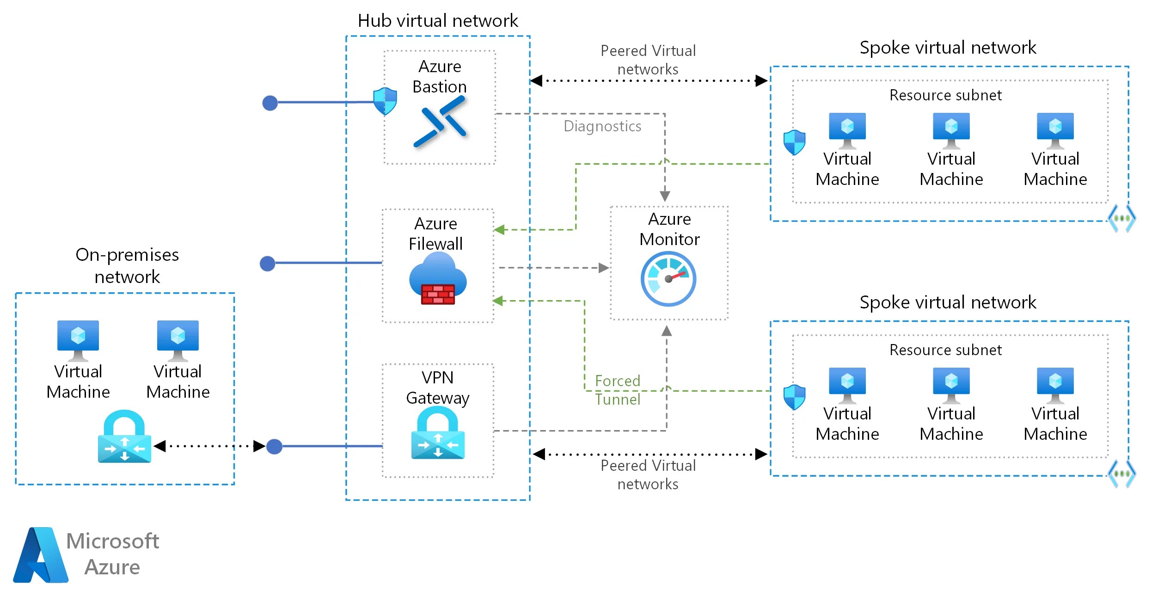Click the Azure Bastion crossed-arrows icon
click(x=440, y=122)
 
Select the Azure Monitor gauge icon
click(x=668, y=279)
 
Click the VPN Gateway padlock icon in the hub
click(x=438, y=433)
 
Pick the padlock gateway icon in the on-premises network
click(x=124, y=437)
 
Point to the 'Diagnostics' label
click(x=602, y=126)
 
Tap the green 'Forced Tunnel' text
click(x=618, y=390)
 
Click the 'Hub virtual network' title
click(x=438, y=21)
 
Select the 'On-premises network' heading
click(x=127, y=265)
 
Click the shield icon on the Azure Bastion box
click(x=385, y=101)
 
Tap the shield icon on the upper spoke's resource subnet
click(x=795, y=142)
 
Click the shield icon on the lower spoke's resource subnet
click(x=795, y=397)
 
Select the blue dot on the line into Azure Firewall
click(x=268, y=264)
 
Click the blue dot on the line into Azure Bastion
click(x=270, y=103)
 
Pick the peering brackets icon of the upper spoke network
click(x=1121, y=218)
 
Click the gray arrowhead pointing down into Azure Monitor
click(x=665, y=196)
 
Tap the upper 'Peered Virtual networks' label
click(x=648, y=60)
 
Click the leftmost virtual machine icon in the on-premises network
click(x=78, y=340)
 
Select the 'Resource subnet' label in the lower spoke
click(x=945, y=350)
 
